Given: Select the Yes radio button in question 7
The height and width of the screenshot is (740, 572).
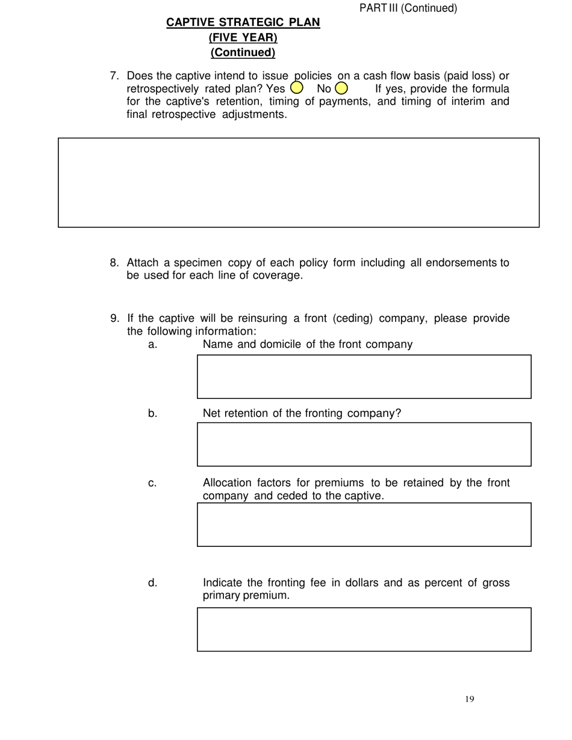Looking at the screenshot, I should [x=296, y=88].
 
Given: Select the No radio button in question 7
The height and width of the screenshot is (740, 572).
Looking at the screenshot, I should [x=341, y=88].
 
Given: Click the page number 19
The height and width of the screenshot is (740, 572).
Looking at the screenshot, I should [x=470, y=698].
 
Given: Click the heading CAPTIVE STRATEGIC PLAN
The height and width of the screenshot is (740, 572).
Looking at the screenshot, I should [x=243, y=22].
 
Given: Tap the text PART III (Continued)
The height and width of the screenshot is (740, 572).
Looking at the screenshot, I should [x=408, y=8].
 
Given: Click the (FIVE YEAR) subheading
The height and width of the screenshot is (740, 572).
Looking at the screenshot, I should [x=243, y=37].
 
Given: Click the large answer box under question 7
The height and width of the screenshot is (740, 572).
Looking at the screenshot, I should [x=299, y=182].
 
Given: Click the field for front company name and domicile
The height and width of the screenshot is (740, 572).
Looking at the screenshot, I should [x=364, y=377].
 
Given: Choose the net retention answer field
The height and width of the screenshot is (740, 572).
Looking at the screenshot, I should [x=364, y=444].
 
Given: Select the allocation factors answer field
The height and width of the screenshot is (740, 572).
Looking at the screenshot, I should [x=364, y=525].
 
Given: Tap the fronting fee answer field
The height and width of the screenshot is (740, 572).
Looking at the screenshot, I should [x=364, y=629].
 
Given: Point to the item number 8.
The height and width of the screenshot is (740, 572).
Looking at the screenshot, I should [x=114, y=263].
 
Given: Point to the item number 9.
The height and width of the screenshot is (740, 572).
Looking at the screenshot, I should [x=114, y=318].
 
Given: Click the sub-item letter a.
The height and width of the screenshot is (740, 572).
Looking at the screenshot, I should [x=152, y=345].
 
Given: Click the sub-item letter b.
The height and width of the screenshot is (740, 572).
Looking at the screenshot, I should [x=152, y=413].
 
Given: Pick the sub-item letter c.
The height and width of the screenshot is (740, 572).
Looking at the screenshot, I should [x=152, y=483].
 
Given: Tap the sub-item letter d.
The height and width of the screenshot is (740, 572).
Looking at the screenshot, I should [x=152, y=583].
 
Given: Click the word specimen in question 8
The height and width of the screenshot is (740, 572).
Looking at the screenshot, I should [x=198, y=263].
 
